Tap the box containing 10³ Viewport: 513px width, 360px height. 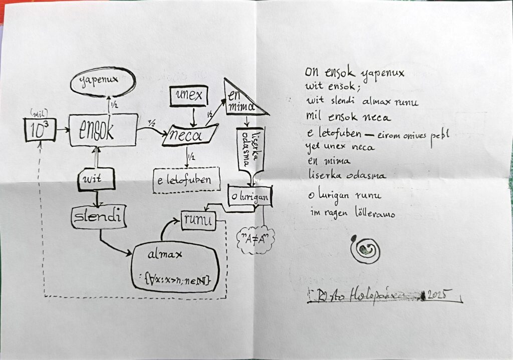[x=40, y=129]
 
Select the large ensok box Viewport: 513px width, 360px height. [x=103, y=130]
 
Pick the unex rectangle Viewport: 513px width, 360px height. [x=189, y=96]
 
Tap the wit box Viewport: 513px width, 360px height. [x=96, y=179]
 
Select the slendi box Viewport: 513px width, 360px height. [x=98, y=217]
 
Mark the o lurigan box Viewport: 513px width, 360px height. [x=250, y=196]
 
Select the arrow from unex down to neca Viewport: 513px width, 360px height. [x=192, y=116]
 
